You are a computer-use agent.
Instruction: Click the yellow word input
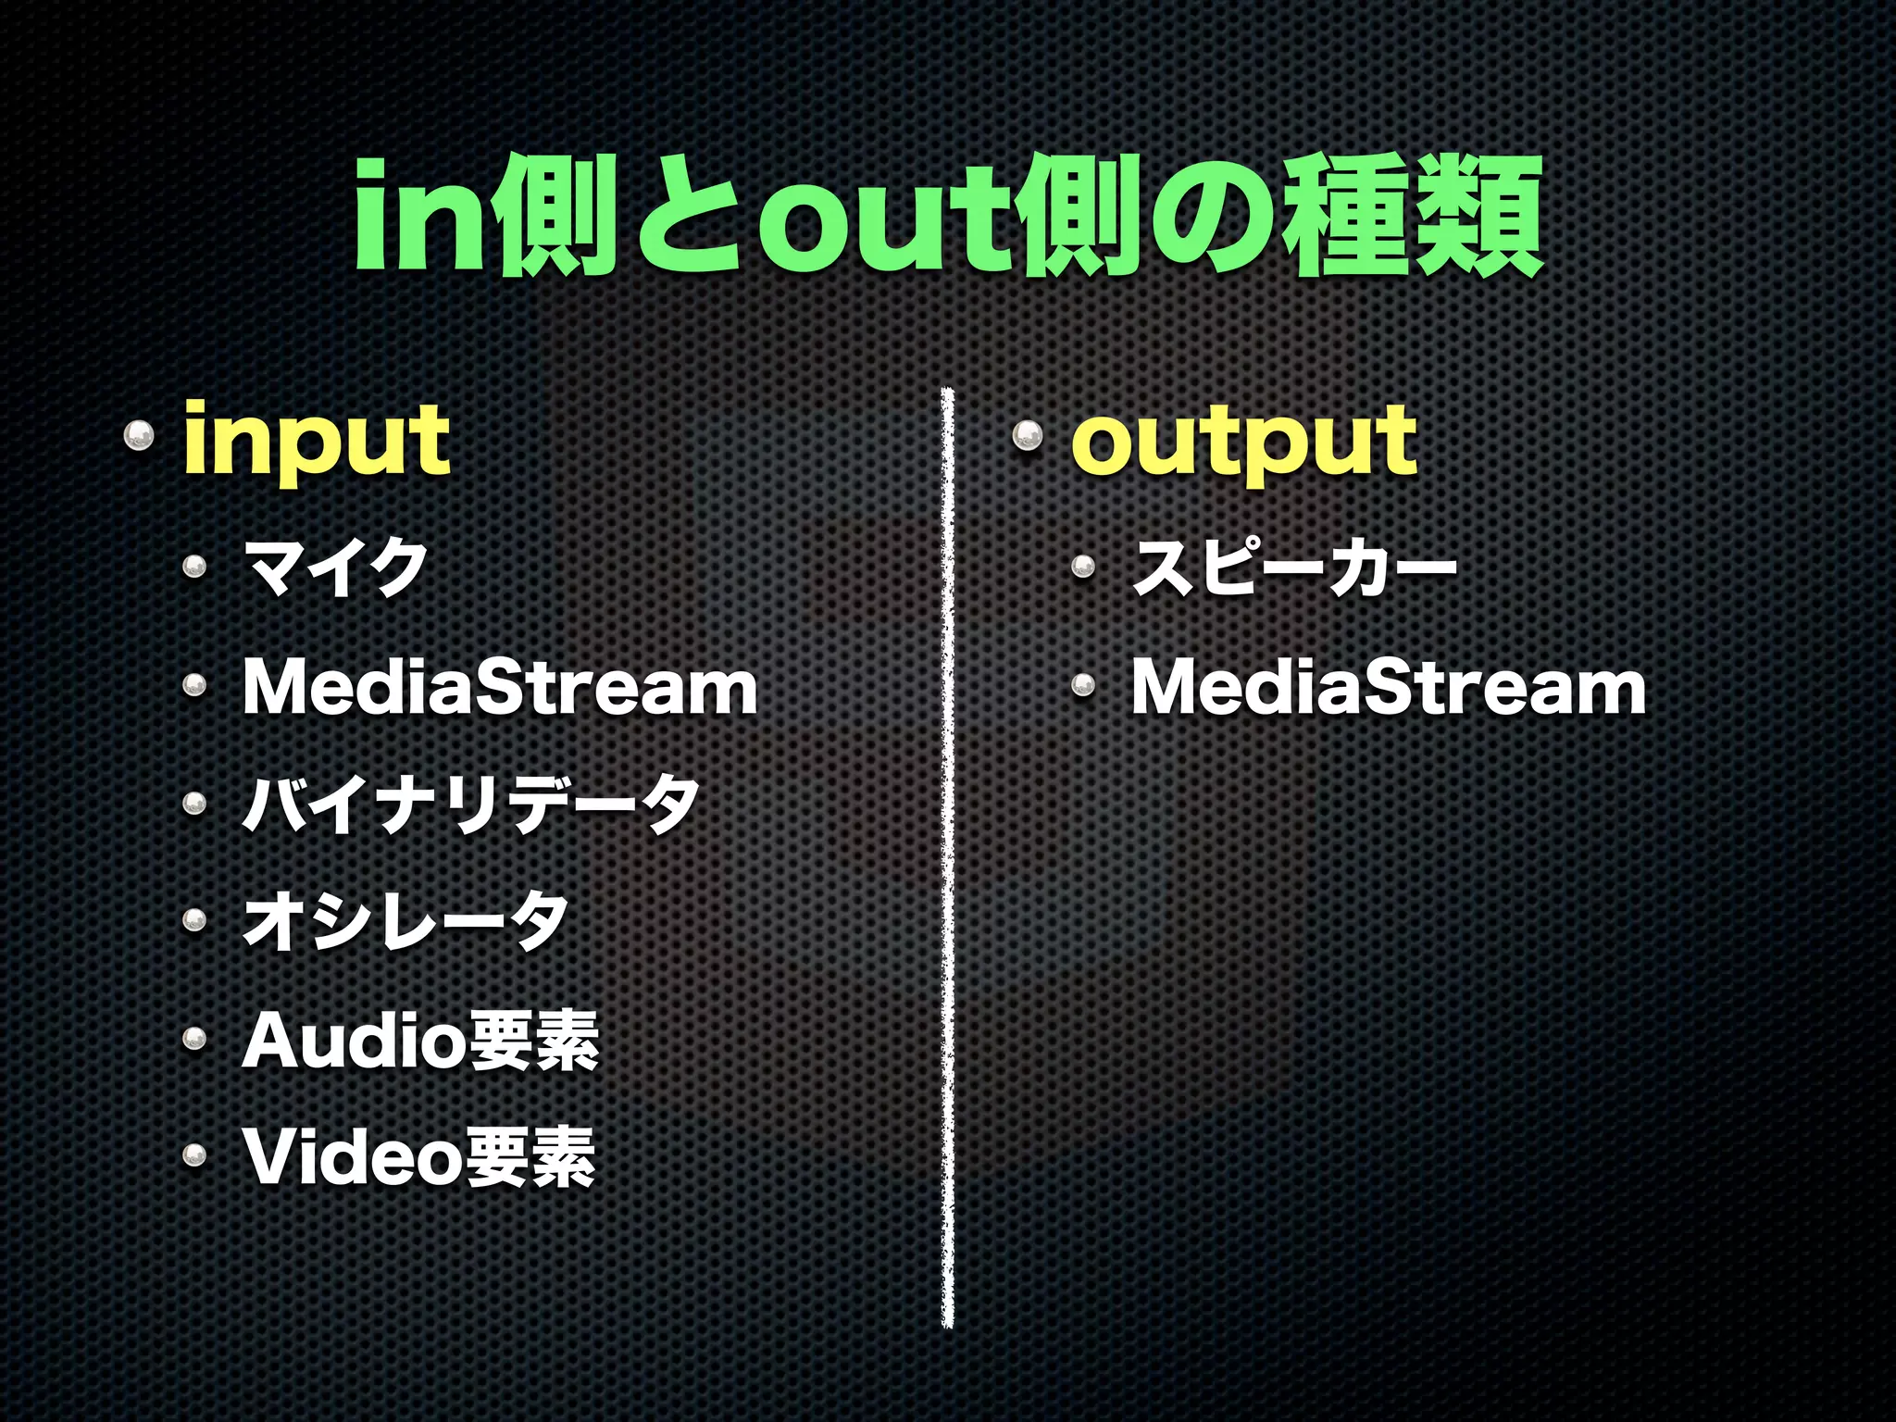click(x=317, y=441)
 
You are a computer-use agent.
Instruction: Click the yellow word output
click(x=1243, y=441)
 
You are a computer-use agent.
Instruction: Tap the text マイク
click(x=335, y=568)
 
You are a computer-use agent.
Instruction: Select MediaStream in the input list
click(x=500, y=688)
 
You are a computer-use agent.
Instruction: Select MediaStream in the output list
click(x=1389, y=688)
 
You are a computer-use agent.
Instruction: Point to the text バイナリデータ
click(x=470, y=804)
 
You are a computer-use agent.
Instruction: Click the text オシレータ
click(x=405, y=921)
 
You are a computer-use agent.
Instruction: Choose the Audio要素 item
click(x=420, y=1041)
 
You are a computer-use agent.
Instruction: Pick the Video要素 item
click(x=418, y=1157)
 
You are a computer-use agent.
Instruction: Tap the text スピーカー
click(x=1294, y=568)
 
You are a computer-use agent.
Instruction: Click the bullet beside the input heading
click(x=139, y=434)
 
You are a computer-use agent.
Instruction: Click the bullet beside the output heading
click(x=1027, y=434)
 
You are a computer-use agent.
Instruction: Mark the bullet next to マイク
click(x=194, y=566)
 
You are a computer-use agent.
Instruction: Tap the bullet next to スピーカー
click(x=1083, y=566)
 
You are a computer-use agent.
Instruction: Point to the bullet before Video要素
click(x=194, y=1154)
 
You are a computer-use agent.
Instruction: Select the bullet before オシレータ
click(x=194, y=919)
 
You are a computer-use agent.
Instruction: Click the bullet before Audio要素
click(x=194, y=1037)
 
